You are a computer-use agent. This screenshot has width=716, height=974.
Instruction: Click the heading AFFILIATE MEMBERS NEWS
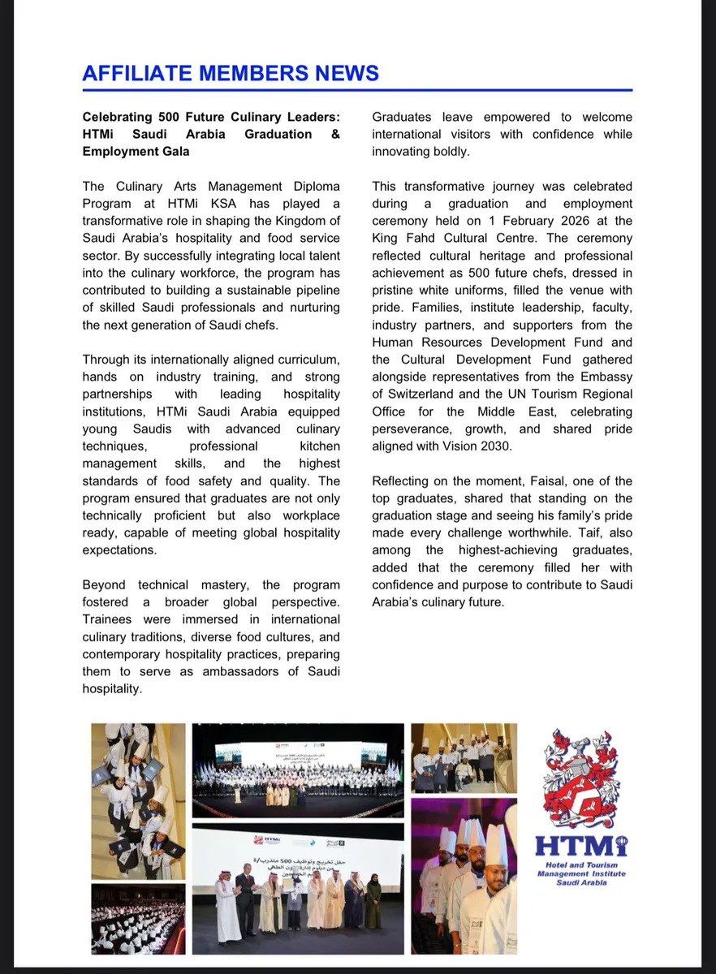pos(231,73)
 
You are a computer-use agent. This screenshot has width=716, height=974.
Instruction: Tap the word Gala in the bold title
pos(175,151)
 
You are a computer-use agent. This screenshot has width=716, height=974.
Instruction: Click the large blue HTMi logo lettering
pos(581,846)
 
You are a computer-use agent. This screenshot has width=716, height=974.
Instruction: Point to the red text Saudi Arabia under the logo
pos(580,883)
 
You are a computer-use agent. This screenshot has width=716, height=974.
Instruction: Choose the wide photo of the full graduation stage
pos(298,770)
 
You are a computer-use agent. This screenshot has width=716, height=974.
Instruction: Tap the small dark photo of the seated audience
pos(137,919)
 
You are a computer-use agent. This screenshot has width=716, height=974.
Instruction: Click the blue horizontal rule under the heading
pos(357,90)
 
